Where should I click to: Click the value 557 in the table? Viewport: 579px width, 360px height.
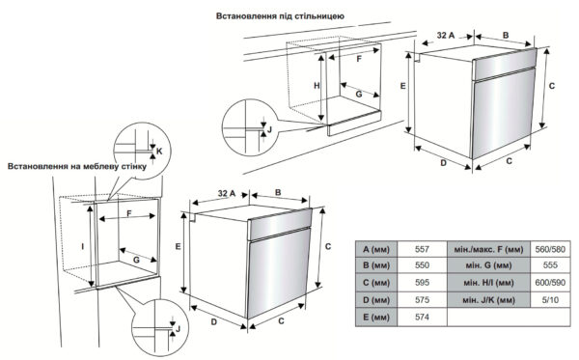(x=422, y=249)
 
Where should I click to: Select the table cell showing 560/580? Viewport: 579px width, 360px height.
(x=550, y=249)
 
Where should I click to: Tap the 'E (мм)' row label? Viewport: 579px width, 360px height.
(x=376, y=318)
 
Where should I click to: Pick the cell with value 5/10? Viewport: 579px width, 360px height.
(x=550, y=300)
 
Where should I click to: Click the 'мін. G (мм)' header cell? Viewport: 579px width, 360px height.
(x=488, y=265)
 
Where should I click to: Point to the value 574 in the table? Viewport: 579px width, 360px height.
(x=422, y=317)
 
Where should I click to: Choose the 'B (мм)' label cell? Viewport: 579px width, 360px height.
(x=376, y=265)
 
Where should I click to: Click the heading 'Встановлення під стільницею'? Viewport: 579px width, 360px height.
(x=280, y=16)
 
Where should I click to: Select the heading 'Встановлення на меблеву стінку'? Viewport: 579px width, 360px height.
(x=77, y=166)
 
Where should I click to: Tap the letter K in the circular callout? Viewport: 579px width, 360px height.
(x=159, y=151)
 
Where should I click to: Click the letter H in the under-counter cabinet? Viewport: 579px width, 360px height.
(x=317, y=86)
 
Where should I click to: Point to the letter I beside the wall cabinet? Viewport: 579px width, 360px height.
(x=83, y=246)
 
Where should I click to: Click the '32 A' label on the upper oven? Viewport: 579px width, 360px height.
(x=446, y=36)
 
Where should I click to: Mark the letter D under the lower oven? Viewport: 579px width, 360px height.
(x=214, y=322)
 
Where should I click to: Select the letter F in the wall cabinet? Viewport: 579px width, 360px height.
(x=129, y=213)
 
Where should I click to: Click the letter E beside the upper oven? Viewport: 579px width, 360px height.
(x=402, y=86)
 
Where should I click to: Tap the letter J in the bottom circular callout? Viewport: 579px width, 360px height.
(x=178, y=328)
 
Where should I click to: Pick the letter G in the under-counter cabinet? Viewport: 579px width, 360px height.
(x=359, y=95)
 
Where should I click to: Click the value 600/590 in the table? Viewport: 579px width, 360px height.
(x=550, y=283)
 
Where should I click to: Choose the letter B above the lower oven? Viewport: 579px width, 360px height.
(x=278, y=192)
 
